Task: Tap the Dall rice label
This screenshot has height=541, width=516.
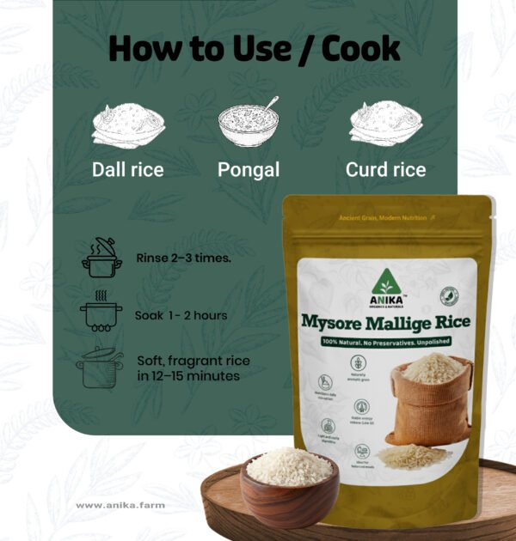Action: pyautogui.click(x=127, y=170)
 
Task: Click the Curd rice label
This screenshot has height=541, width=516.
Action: pyautogui.click(x=385, y=170)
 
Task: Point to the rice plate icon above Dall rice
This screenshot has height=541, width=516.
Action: pyautogui.click(x=128, y=125)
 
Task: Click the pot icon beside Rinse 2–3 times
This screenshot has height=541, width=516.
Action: pyautogui.click(x=101, y=258)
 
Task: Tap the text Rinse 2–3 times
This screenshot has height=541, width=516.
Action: pyautogui.click(x=183, y=258)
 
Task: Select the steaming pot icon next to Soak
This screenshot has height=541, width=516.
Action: pyautogui.click(x=101, y=313)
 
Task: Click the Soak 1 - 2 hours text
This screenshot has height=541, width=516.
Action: pyautogui.click(x=181, y=315)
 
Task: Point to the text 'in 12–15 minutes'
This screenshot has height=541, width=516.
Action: pyautogui.click(x=188, y=375)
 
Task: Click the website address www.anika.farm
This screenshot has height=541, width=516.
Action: pyautogui.click(x=120, y=505)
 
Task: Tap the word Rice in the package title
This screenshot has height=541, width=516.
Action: pyautogui.click(x=446, y=322)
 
